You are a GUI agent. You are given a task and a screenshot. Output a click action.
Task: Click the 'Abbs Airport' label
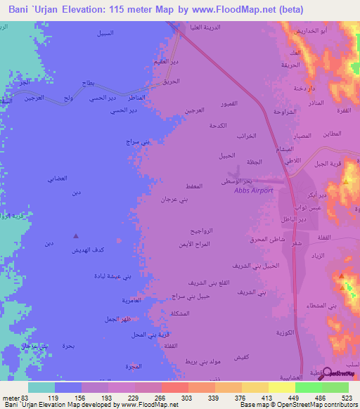[252, 190]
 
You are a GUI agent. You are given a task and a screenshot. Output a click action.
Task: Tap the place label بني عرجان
[174, 200]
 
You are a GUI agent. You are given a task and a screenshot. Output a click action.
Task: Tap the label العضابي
[58, 178]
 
